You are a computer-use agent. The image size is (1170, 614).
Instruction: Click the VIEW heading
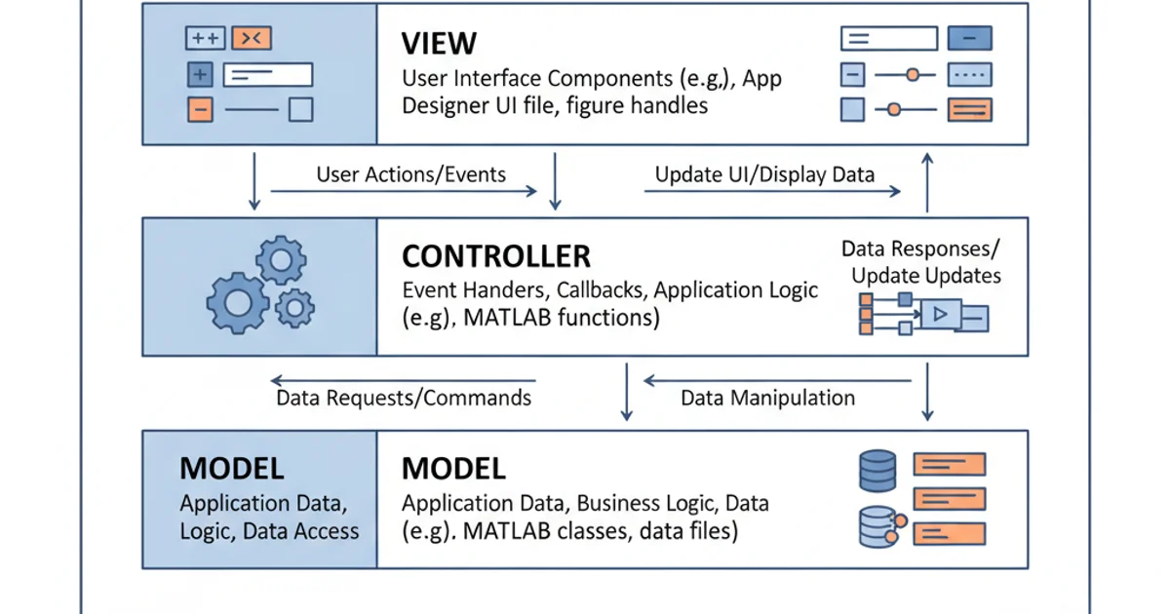pos(439,44)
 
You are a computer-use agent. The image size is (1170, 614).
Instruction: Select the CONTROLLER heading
pos(495,256)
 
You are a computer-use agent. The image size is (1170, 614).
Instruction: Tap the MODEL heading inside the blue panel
pos(231,469)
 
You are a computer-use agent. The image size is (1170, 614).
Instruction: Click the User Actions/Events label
pos(410,175)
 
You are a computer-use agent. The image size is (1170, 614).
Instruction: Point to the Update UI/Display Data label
pos(764,175)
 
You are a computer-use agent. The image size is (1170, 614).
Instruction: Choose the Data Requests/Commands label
pos(404,398)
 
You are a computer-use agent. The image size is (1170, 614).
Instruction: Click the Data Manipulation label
pos(767,398)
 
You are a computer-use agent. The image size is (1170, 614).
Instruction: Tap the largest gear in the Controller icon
pos(237,303)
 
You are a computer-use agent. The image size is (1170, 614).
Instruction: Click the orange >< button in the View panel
pos(252,39)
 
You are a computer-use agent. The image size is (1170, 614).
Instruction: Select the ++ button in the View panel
pos(205,39)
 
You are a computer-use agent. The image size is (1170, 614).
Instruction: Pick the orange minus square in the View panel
pos(199,109)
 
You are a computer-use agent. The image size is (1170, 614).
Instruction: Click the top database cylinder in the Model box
pos(877,471)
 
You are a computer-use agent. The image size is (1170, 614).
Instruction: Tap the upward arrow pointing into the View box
pos(927,180)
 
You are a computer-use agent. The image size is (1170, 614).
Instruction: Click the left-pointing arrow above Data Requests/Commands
pos(403,380)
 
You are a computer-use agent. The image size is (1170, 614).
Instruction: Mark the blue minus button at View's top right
pos(969,39)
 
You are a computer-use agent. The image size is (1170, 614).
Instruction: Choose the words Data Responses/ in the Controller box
pos(919,249)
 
